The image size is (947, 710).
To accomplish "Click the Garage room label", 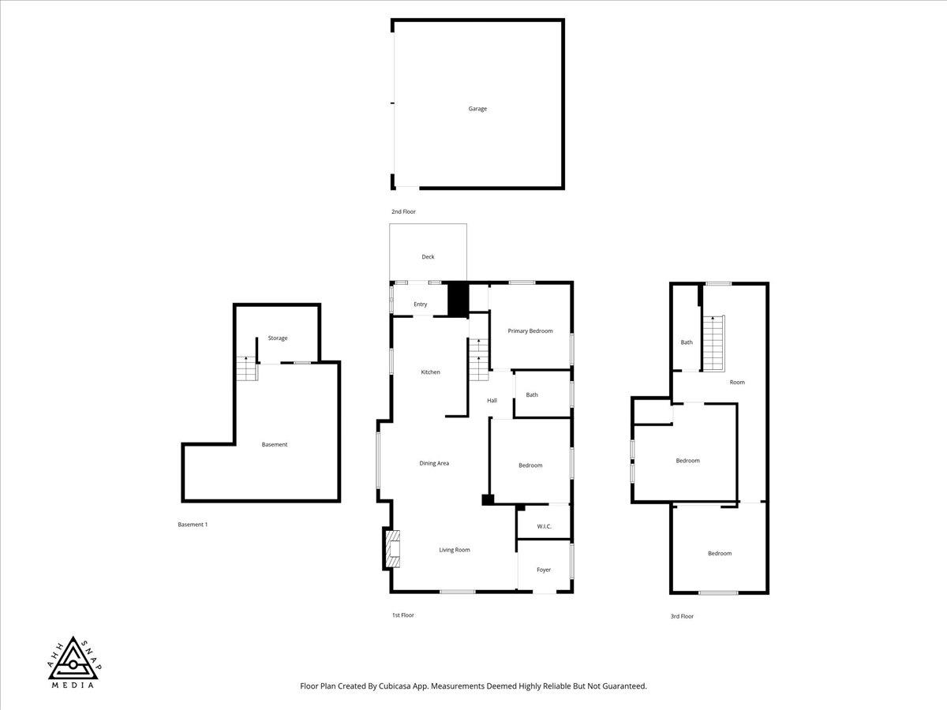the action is click(x=477, y=109).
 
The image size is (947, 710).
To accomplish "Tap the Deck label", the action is click(x=428, y=256).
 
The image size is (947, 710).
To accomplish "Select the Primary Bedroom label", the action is click(x=530, y=331).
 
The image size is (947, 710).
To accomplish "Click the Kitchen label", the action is click(x=431, y=372).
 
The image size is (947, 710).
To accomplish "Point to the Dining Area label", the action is click(x=434, y=463).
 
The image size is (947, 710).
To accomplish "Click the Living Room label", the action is click(x=455, y=550).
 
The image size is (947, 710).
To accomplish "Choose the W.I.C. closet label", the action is click(x=545, y=526).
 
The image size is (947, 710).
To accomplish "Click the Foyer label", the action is click(x=544, y=570).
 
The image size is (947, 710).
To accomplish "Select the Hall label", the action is click(x=492, y=401).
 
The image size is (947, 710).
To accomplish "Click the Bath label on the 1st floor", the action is click(x=532, y=395).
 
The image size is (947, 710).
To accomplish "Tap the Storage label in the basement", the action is click(x=278, y=338).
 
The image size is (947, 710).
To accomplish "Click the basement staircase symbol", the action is click(x=247, y=368).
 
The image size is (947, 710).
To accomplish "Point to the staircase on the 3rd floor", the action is click(x=714, y=343).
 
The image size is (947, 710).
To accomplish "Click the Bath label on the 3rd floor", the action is click(x=687, y=342).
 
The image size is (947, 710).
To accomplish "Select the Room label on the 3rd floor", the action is click(x=737, y=383).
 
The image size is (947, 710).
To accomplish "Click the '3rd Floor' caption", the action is click(x=682, y=616).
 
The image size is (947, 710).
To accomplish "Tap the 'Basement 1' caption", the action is click(x=193, y=525).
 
